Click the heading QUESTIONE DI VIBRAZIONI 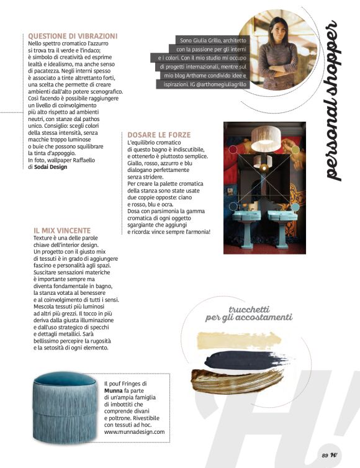tap(73, 36)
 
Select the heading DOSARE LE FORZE tap(159, 135)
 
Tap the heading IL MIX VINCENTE tap(62, 231)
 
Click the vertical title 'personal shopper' tap(333, 102)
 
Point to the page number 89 tap(325, 456)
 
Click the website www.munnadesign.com tap(135, 431)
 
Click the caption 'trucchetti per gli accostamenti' tap(248, 313)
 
